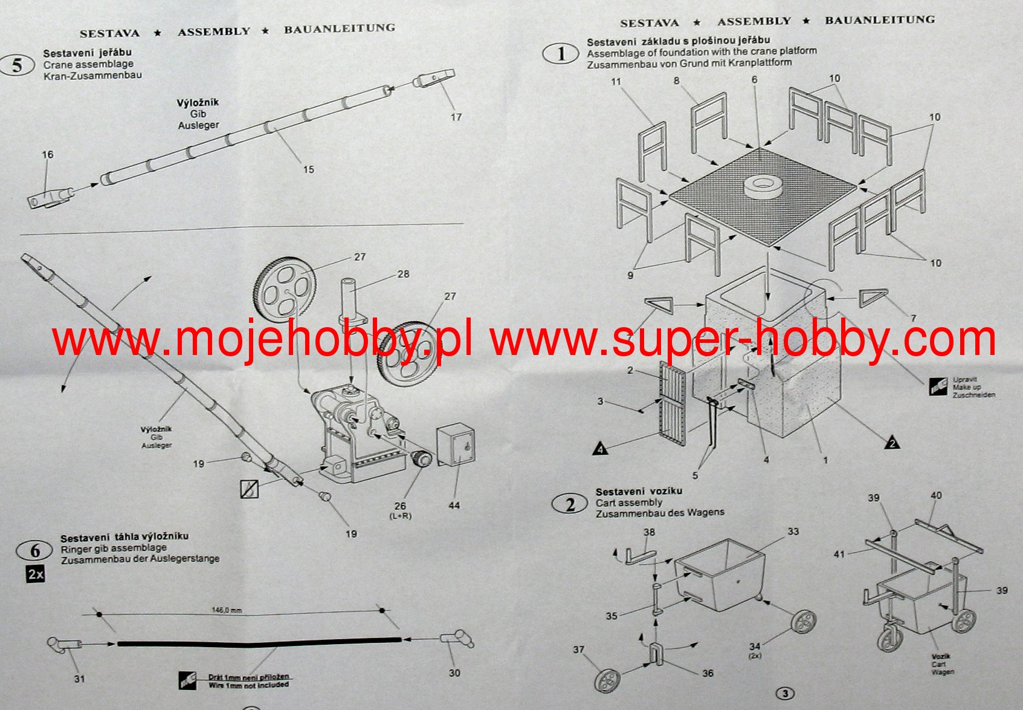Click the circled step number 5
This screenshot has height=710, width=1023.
pos(17,65)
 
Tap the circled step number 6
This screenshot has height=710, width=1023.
pos(35,550)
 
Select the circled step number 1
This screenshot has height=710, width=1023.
pos(561,54)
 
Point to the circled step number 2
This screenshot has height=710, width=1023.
pos(570,504)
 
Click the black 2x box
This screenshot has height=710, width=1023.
pos(36,574)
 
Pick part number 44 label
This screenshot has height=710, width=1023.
pos(454,505)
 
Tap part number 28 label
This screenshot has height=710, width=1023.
pos(403,274)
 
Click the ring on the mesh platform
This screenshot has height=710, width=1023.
pos(763,185)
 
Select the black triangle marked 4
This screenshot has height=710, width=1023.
pos(599,449)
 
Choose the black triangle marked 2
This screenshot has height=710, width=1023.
pos(891,443)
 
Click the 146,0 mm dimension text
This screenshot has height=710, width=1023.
pos(227,610)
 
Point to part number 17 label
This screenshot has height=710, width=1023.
pos(456,117)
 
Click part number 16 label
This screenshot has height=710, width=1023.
pos(48,155)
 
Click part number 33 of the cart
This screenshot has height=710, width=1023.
pos(793,532)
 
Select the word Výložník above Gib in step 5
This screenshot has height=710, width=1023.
pos(198,103)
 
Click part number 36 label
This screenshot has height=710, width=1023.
pos(708,673)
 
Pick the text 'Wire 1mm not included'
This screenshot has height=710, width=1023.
pos(248,685)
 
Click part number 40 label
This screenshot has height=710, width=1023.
pos(936,495)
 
